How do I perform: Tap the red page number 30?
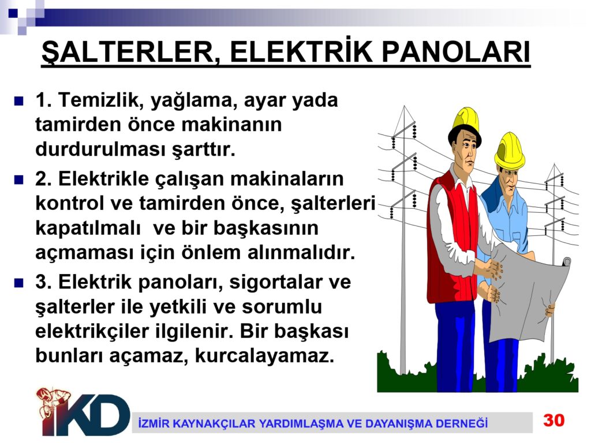(553, 420)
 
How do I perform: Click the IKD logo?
(83, 412)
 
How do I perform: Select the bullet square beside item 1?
(18, 101)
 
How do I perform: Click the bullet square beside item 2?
(18, 179)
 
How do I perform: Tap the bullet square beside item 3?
(18, 283)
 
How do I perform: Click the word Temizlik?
(100, 100)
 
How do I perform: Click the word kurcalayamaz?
(264, 356)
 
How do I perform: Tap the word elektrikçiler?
(92, 332)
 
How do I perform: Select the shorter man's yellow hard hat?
(509, 151)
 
